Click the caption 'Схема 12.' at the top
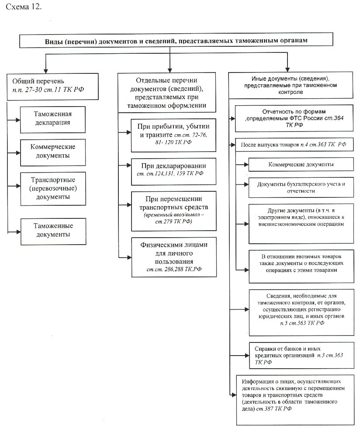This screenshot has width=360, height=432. click(x=24, y=7)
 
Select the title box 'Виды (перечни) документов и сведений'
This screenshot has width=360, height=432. click(x=176, y=40)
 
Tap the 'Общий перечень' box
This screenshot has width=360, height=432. click(x=52, y=86)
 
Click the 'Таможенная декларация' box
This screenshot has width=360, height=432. click(x=53, y=120)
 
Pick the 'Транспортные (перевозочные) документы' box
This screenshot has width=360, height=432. click(x=53, y=189)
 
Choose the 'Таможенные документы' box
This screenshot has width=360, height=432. click(x=53, y=232)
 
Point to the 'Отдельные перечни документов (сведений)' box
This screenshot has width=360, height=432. click(x=167, y=93)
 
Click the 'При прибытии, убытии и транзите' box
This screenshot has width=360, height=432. click(x=173, y=135)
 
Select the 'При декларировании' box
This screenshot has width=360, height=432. click(x=173, y=171)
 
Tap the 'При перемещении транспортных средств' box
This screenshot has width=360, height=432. click(x=173, y=211)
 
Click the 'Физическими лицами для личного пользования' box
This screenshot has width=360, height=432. click(x=174, y=257)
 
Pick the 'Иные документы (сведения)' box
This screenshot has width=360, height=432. click(x=291, y=85)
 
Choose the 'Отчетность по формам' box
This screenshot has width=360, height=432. click(x=294, y=118)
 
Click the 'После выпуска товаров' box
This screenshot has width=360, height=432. click(x=294, y=145)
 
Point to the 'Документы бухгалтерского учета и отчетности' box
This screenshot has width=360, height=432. click(x=301, y=187)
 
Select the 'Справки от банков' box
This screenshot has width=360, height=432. click(x=301, y=356)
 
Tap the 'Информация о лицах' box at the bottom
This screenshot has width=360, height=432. click(x=295, y=400)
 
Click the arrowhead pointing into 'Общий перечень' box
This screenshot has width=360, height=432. click(x=46, y=70)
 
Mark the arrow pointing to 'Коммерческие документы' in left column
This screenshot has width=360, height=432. click(x=14, y=152)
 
